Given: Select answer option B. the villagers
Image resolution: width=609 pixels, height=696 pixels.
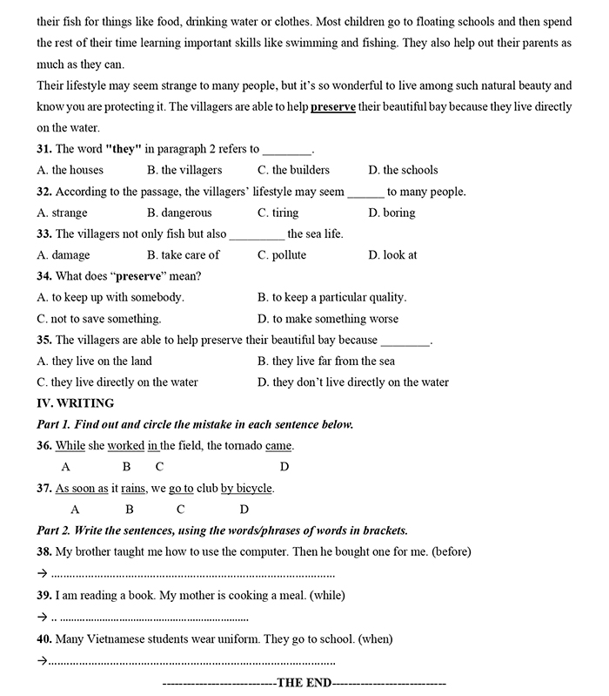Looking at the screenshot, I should click(x=184, y=170).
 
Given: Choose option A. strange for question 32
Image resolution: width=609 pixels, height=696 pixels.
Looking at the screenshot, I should click(x=63, y=213).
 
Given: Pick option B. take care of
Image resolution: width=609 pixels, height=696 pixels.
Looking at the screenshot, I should click(x=184, y=255).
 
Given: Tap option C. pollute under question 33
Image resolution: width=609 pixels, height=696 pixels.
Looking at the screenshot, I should click(x=282, y=255).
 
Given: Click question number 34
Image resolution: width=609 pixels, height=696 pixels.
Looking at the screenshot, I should click(x=44, y=276).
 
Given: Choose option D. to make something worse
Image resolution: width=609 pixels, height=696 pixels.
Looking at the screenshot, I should click(x=328, y=319).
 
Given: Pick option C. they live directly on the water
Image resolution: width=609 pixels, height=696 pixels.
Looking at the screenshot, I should click(x=117, y=382).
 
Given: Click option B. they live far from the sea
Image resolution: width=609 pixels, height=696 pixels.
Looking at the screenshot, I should click(x=326, y=361).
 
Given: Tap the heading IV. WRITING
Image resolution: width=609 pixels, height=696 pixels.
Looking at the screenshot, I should click(x=76, y=403).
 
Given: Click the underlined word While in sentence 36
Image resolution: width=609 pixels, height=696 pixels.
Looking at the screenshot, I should click(x=70, y=446).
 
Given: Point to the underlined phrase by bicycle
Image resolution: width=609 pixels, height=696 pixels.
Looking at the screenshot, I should click(x=246, y=489).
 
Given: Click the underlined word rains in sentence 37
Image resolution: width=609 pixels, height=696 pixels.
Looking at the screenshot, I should click(x=133, y=489).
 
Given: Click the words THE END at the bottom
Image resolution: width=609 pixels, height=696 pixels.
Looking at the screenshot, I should click(x=304, y=683).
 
